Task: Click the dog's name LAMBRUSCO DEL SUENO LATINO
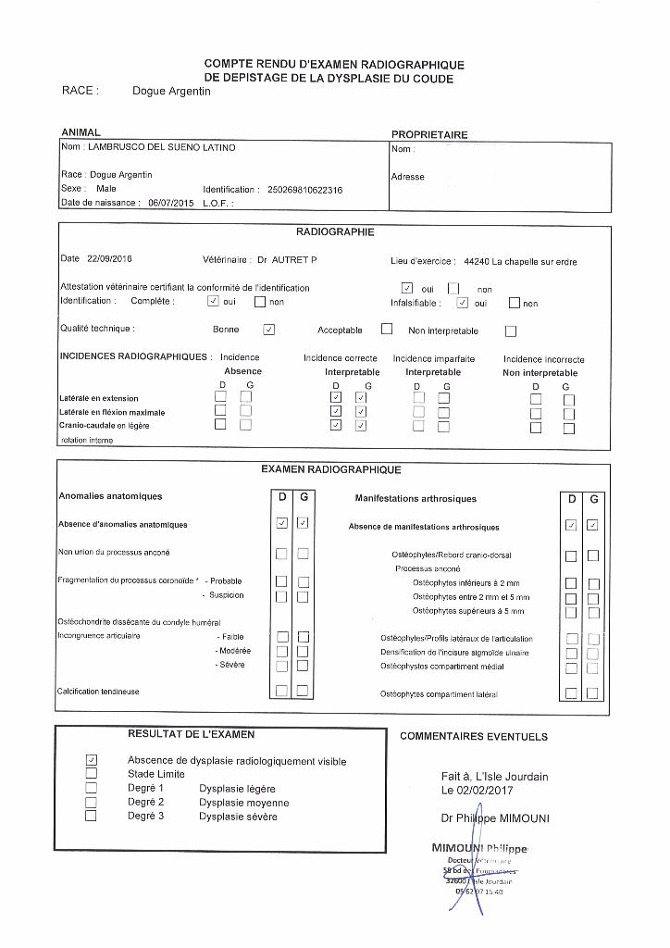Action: tap(161, 148)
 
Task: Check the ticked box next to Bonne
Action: tap(268, 329)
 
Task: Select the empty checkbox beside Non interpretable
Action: tap(511, 331)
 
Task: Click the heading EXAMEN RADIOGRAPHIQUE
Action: tap(330, 470)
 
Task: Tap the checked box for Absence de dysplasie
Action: tap(91, 760)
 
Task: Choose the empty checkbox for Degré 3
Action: tap(91, 817)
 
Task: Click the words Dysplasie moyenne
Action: tap(243, 803)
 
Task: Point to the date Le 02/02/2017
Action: tap(477, 790)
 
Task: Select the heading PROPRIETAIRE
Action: tap(430, 134)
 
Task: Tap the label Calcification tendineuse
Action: tap(98, 691)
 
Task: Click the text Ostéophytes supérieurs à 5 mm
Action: tap(468, 611)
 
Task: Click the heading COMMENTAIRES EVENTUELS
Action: tap(473, 737)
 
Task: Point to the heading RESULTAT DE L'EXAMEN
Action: tap(191, 734)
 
